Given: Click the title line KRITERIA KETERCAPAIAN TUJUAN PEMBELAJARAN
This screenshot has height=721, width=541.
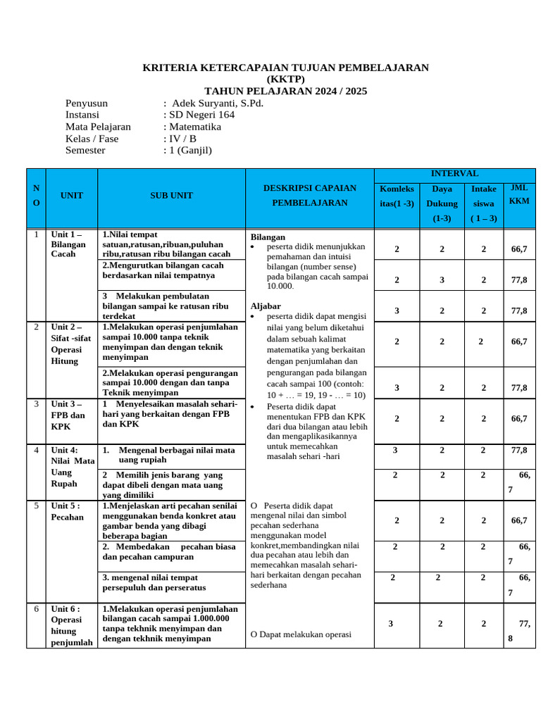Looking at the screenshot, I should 285,68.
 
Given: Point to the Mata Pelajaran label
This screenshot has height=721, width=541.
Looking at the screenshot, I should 99,127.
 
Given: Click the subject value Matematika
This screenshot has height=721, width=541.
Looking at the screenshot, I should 194,127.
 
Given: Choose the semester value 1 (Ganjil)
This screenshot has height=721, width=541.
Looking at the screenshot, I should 189,150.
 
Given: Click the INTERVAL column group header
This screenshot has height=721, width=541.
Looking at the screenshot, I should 454,174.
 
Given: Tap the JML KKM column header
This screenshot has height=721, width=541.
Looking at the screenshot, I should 520,195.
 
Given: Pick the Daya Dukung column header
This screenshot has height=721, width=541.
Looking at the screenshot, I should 442,203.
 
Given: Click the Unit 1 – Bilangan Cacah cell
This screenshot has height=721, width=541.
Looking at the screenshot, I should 68,244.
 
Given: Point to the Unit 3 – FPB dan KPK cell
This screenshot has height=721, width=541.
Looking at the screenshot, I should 68,415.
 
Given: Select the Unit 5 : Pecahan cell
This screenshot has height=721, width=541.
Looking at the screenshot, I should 67,511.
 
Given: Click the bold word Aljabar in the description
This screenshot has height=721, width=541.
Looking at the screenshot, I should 266,306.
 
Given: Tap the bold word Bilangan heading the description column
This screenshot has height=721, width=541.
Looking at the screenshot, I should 268,237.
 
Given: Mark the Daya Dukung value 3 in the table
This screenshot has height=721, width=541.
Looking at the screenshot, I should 442,280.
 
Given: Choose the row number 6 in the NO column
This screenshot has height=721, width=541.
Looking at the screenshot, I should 36,609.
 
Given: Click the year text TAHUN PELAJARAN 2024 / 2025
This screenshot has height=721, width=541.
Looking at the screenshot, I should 285,92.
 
